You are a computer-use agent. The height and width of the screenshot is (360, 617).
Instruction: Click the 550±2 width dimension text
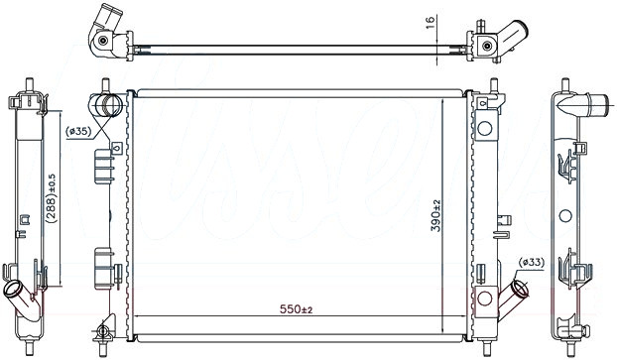296,309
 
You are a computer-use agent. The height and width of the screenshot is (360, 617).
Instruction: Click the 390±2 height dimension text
436,215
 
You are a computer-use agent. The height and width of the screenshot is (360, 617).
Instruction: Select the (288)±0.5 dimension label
52,198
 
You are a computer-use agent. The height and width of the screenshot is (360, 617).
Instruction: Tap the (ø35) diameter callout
78,132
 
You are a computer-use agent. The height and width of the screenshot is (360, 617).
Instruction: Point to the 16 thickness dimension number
431,23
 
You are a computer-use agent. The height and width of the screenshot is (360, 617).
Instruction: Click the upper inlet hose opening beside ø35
108,105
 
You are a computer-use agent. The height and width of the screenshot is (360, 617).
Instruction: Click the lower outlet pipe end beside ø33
521,289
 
